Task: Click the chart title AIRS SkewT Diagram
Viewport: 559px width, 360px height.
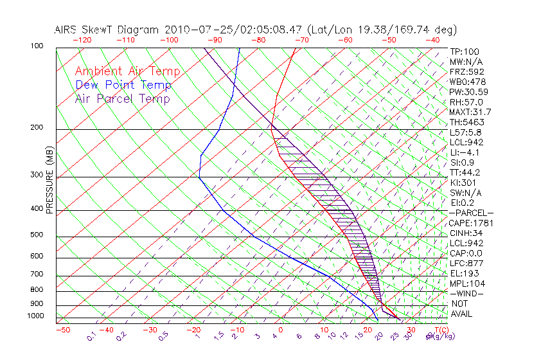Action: [x=109, y=30]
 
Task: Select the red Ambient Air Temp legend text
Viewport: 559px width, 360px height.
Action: [x=128, y=71]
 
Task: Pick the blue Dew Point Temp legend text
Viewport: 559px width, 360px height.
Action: [x=123, y=85]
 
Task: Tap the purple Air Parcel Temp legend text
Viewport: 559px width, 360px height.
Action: [x=123, y=98]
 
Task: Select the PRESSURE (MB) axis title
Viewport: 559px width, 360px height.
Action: [x=50, y=183]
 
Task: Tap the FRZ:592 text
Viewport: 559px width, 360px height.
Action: [x=467, y=71]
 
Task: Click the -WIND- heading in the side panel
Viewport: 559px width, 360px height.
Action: [x=466, y=293]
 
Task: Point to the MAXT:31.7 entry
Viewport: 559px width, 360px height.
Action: [x=471, y=112]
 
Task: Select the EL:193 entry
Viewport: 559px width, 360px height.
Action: [x=465, y=273]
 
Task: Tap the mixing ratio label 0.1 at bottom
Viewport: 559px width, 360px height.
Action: [x=91, y=335]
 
